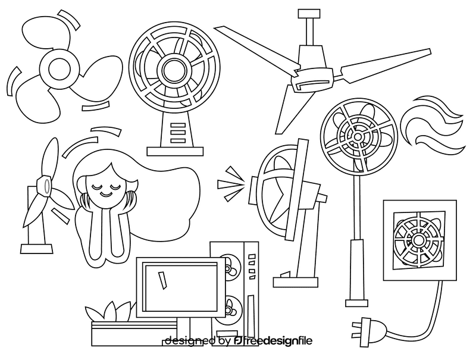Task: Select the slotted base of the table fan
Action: [177, 133]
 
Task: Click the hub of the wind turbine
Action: [42, 186]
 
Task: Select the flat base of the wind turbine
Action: [35, 245]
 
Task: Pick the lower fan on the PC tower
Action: [229, 308]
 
